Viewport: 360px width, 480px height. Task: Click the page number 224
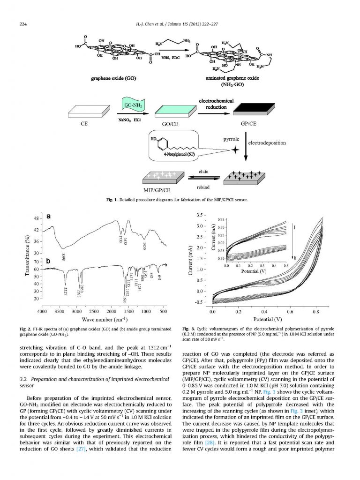point(22,24)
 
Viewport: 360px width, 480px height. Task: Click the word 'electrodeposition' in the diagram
point(267,142)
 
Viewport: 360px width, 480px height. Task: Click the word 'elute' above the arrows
point(203,172)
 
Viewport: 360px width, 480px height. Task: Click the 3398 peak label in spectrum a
point(63,256)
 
